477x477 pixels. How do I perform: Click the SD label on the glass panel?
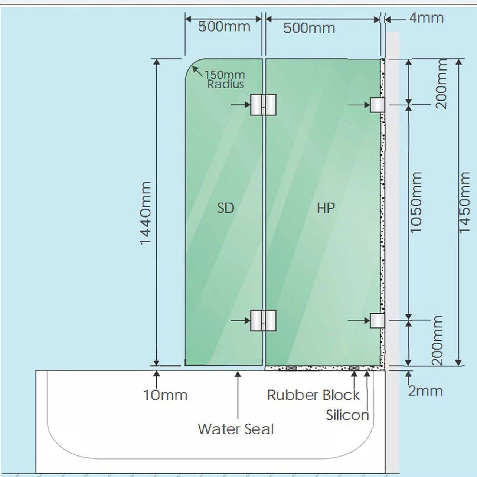[x=225, y=208]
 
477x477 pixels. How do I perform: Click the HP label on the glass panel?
[x=326, y=208]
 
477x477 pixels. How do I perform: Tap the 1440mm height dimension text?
[x=146, y=213]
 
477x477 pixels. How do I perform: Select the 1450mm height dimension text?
[x=464, y=202]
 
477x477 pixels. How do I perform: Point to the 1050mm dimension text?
[x=416, y=202]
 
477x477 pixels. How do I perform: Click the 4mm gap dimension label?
[x=426, y=18]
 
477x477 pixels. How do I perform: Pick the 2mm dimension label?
[x=425, y=391]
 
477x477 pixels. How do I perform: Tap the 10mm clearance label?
[x=165, y=395]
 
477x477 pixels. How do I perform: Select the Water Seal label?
[x=236, y=429]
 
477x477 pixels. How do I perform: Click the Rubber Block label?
[x=313, y=395]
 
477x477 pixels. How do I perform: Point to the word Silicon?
[x=347, y=415]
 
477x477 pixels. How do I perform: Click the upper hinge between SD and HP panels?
[x=263, y=105]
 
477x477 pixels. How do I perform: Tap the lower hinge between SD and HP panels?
[x=263, y=321]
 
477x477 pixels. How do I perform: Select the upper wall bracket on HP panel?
[x=377, y=105]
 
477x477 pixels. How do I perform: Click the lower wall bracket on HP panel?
[x=377, y=321]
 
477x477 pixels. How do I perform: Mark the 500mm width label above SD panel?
[x=224, y=26]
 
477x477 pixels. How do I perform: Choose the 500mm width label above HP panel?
[x=309, y=28]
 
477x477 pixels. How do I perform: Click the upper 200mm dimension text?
[x=441, y=84]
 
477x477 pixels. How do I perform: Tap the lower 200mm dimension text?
[x=437, y=340]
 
